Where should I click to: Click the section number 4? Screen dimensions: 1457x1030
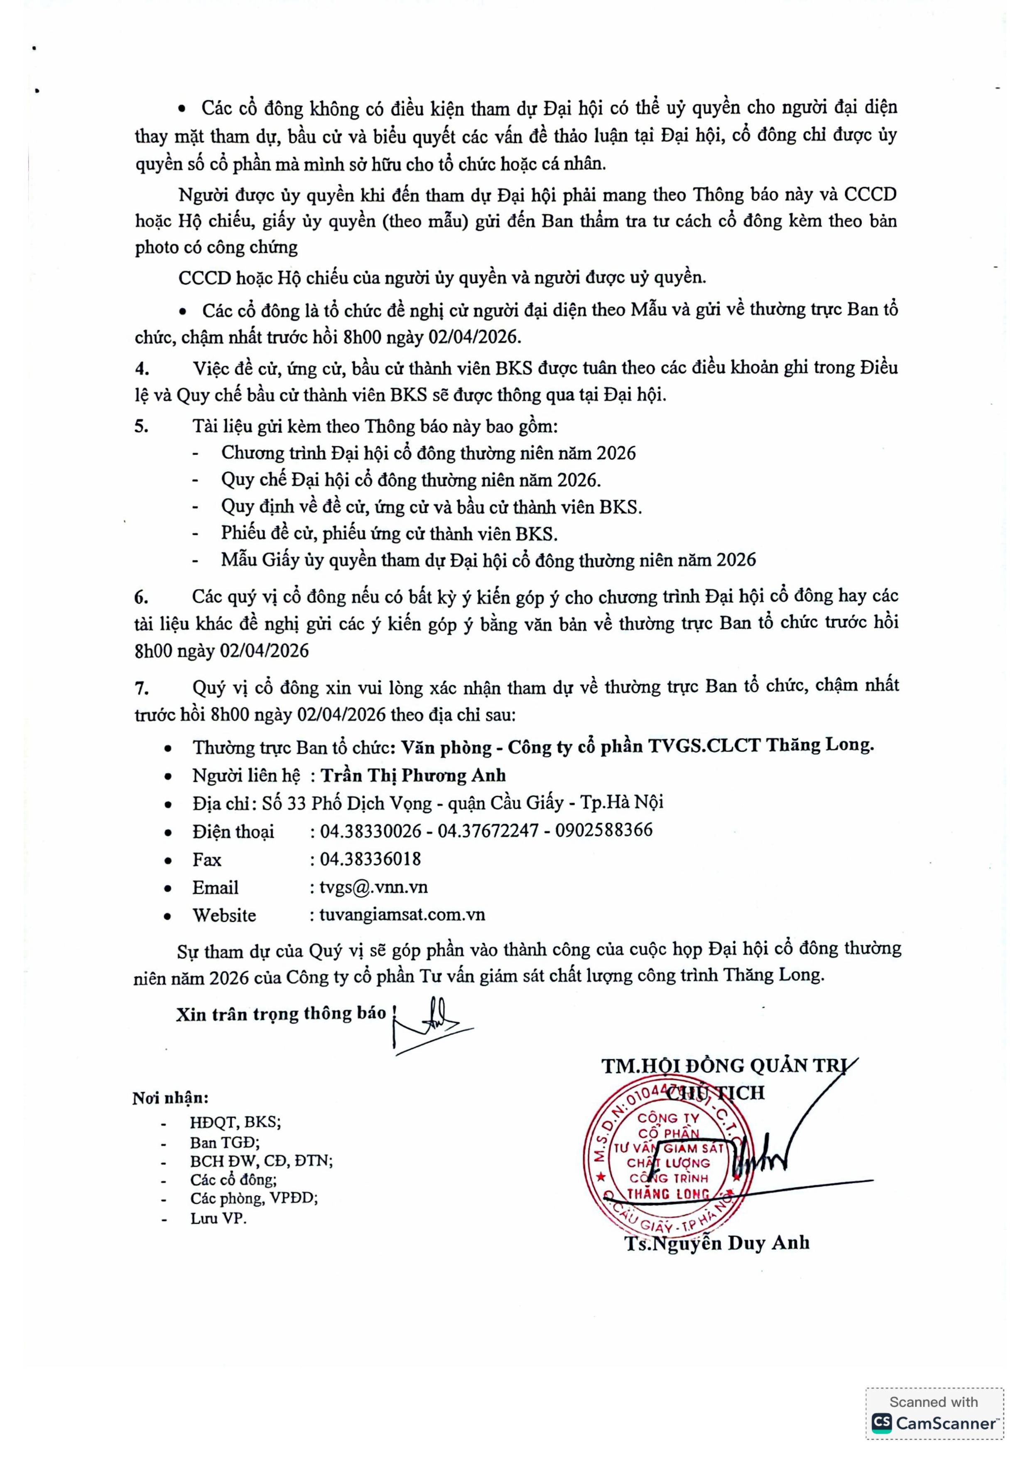pos(142,369)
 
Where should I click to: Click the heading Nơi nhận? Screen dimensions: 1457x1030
pos(170,1098)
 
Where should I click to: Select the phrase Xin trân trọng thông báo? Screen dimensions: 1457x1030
pos(280,1014)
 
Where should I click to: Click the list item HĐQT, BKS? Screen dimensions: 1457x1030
pos(235,1122)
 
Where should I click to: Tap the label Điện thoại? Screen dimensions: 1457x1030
pos(233,831)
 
